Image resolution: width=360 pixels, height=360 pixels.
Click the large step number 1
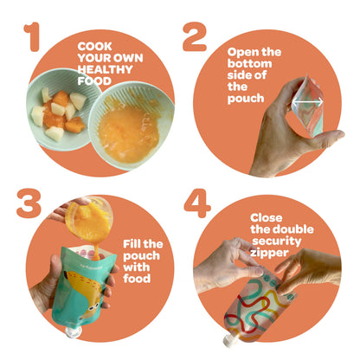(33, 36)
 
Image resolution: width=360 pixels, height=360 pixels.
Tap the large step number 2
(195, 36)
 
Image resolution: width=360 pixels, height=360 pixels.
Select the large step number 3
(29, 203)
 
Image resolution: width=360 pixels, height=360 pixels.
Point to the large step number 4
(197, 203)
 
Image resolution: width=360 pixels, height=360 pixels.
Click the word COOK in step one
(95, 46)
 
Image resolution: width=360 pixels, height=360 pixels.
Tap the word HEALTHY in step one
(105, 69)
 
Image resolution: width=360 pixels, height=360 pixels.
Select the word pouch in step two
(246, 99)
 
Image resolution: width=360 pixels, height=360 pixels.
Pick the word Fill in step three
(132, 244)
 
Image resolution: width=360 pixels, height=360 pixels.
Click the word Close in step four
(267, 217)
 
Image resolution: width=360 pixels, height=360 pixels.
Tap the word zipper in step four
(269, 253)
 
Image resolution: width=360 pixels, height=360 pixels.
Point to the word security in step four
(277, 241)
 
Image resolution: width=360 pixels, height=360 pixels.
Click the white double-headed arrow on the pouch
(307, 101)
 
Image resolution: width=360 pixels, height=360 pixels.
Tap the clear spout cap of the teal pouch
(73, 331)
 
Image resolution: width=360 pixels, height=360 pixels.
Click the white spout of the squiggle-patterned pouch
(230, 340)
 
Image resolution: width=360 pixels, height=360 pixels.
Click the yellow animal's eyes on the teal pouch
(93, 309)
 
